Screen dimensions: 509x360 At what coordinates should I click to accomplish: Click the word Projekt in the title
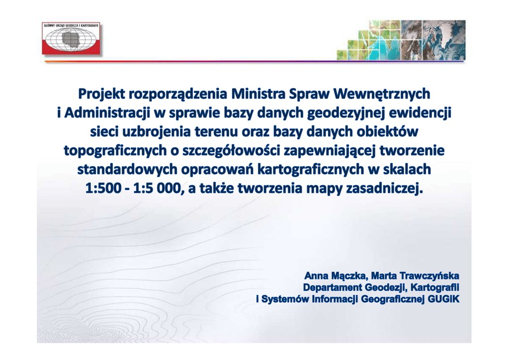(x=101, y=94)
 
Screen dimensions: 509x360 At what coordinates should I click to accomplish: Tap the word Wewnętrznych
(x=382, y=94)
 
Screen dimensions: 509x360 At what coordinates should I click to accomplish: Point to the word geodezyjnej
(x=345, y=113)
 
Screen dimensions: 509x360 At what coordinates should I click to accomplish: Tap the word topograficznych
(x=115, y=151)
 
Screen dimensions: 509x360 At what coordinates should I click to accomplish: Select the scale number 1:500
(x=103, y=188)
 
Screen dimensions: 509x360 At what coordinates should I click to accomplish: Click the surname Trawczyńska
(x=429, y=276)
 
